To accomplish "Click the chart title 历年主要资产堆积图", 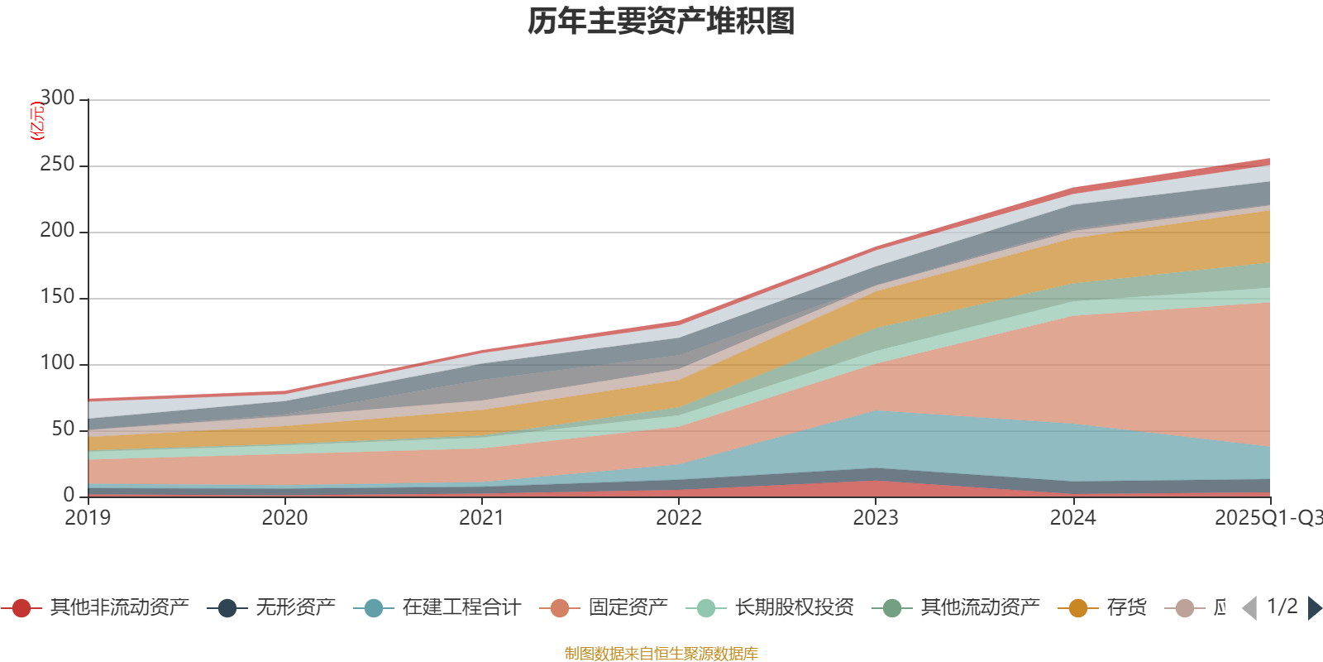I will (x=661, y=22).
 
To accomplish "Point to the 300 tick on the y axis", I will (x=57, y=98).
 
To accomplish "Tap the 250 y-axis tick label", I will (x=57, y=165).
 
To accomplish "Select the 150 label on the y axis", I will (x=57, y=297).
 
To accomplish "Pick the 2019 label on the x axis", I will (x=88, y=518).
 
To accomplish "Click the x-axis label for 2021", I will (x=481, y=518).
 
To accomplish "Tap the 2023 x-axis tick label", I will (x=876, y=518).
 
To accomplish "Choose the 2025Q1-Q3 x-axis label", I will (x=1268, y=518).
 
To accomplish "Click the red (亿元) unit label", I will (x=36, y=121).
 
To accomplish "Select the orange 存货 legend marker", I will (x=1078, y=608).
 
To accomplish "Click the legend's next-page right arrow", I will (x=1314, y=608).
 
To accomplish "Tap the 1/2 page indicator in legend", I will (x=1282, y=607).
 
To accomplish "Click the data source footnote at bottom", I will (x=661, y=654).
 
